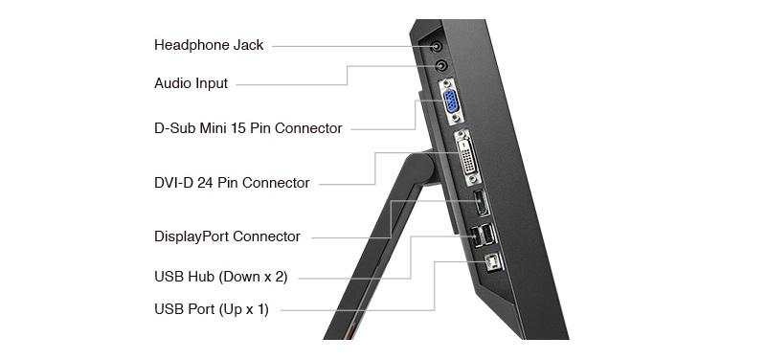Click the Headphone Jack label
(x=209, y=45)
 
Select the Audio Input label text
(x=191, y=83)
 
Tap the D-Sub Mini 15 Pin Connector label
(x=248, y=128)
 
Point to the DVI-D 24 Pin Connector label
(x=232, y=183)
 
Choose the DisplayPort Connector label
(x=227, y=236)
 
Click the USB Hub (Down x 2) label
(x=221, y=277)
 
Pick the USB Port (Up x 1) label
(x=212, y=309)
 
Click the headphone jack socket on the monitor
(x=437, y=47)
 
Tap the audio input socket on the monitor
(x=441, y=65)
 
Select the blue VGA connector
(x=451, y=102)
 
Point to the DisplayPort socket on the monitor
(x=482, y=203)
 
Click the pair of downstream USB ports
(x=483, y=235)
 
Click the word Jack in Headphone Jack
(x=248, y=45)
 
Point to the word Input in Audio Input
(x=212, y=83)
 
